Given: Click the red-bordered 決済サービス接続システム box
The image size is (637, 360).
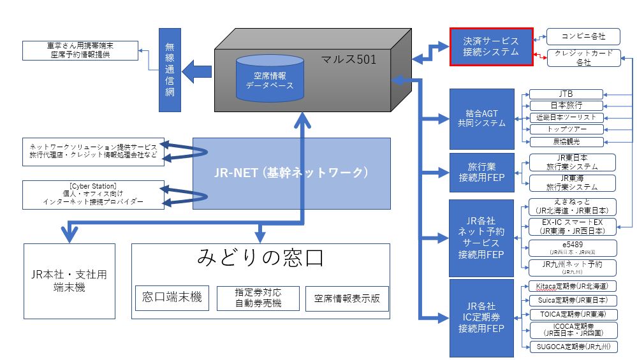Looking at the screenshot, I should click(491, 47).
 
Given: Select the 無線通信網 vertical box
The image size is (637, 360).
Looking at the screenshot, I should click(170, 69).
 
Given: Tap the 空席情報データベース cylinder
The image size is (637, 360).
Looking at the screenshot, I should click(268, 79).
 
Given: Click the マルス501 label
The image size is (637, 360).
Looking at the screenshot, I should click(349, 61).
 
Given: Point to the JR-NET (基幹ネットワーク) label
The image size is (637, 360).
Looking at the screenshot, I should click(291, 173).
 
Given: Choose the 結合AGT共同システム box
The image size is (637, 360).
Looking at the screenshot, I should click(482, 119).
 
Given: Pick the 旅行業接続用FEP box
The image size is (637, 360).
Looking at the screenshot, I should click(482, 173).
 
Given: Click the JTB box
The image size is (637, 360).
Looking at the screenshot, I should click(566, 94).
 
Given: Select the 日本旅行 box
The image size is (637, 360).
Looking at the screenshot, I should click(566, 106).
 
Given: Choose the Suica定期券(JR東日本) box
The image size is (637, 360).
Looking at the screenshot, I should click(572, 300).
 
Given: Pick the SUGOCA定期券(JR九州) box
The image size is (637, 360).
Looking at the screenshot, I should click(572, 347).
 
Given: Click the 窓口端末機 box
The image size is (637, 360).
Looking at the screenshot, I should click(172, 298).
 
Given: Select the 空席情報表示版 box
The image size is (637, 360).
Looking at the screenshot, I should click(347, 298).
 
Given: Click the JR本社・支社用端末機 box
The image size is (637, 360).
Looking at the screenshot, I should click(70, 281).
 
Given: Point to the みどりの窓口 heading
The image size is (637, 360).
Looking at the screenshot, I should click(261, 259).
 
